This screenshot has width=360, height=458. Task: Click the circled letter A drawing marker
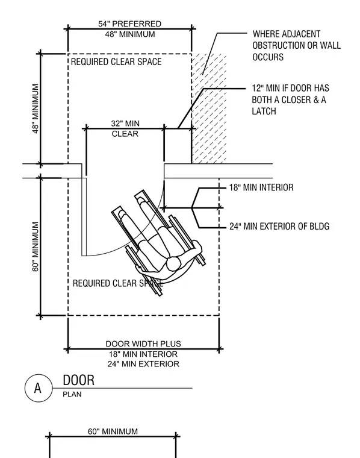(39, 388)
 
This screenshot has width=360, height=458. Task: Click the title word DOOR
(79, 380)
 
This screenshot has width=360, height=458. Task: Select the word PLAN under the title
(72, 394)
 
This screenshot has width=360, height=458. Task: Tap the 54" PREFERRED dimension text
(130, 24)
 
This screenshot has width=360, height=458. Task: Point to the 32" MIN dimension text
(125, 124)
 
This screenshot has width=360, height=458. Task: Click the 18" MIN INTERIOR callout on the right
(261, 187)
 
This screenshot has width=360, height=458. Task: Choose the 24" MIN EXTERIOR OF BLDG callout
(279, 226)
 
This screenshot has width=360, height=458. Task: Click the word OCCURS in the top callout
(268, 57)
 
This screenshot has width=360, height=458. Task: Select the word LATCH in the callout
(264, 111)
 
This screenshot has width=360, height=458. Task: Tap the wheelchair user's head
(173, 263)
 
